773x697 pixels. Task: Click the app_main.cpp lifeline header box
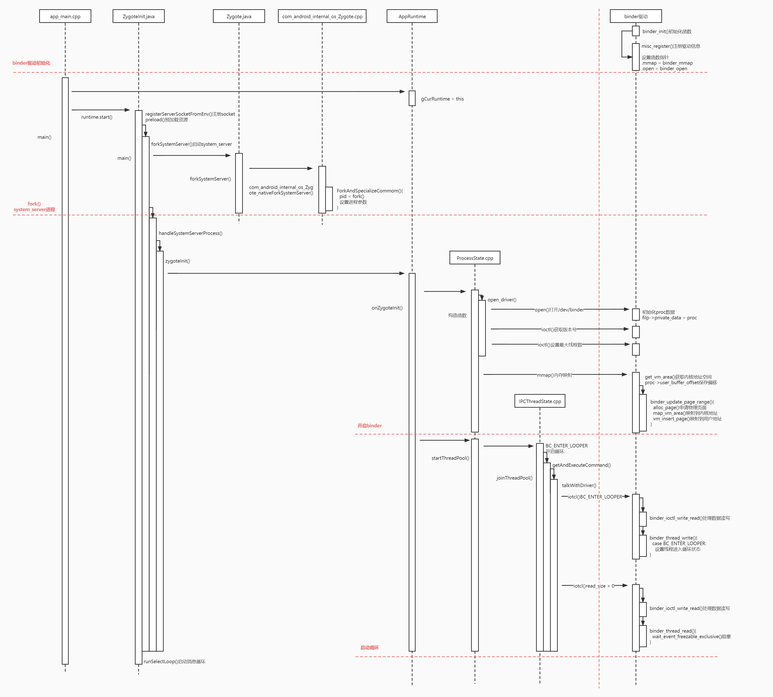click(x=65, y=17)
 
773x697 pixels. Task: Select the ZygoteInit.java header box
click(x=139, y=17)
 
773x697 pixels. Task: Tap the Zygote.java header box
click(x=239, y=17)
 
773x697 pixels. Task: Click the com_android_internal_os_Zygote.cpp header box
click(x=322, y=17)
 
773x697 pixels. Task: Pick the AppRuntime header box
click(x=412, y=17)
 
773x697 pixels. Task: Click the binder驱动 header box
click(x=636, y=17)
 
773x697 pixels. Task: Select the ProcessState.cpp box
click(x=475, y=258)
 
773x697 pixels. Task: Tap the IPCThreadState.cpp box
click(x=540, y=401)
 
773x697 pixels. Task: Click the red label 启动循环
click(x=369, y=648)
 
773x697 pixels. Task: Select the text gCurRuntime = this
click(x=442, y=99)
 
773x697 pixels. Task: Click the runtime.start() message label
click(x=97, y=117)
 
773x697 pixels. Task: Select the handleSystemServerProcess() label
click(x=190, y=233)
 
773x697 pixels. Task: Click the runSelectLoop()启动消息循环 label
click(x=175, y=661)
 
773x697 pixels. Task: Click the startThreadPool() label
click(x=450, y=458)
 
